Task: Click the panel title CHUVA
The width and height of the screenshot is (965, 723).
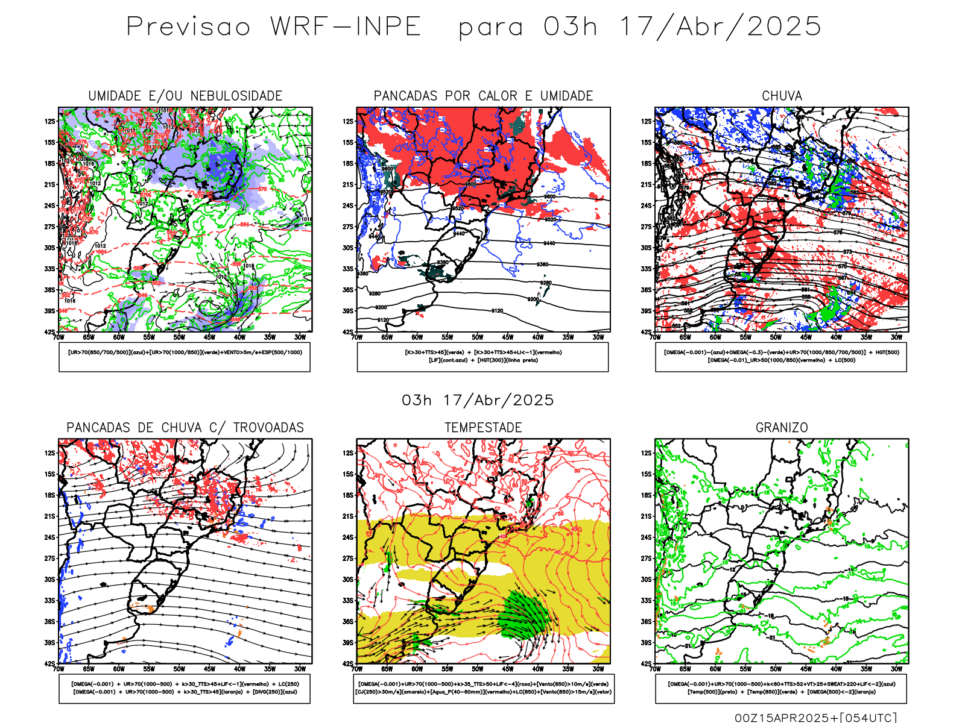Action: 782,96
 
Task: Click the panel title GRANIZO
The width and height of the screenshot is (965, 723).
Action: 782,427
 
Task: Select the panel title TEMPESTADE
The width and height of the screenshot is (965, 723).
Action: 483,427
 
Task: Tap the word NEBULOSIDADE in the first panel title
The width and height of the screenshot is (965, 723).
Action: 236,96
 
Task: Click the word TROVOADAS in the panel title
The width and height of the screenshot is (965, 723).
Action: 268,427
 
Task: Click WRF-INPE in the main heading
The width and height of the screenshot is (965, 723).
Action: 346,27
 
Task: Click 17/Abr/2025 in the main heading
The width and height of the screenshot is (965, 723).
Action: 721,27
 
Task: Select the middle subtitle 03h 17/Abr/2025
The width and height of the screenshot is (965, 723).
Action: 478,400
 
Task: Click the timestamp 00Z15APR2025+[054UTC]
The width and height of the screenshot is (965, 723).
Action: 815,718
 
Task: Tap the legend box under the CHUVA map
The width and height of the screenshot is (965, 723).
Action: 781,357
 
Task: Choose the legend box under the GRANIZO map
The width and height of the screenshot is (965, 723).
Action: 781,688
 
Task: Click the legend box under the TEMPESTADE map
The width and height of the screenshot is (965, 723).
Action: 484,688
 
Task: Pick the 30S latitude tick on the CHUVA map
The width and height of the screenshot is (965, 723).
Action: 647,248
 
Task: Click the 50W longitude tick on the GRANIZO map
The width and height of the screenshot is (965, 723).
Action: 776,669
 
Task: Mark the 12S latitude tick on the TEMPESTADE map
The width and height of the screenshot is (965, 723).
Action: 348,453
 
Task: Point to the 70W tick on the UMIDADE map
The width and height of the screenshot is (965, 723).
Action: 59,337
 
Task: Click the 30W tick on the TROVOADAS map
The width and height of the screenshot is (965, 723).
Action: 300,669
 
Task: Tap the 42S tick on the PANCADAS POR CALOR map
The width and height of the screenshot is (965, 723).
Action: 348,332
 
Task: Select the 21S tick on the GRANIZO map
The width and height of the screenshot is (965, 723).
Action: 647,516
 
